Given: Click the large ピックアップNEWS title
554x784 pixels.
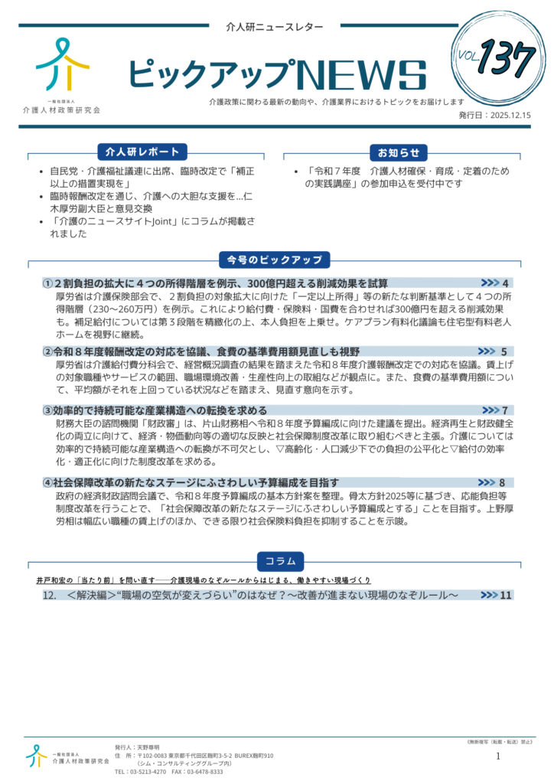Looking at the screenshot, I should (x=276, y=75).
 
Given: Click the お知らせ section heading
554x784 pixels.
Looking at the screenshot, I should (x=398, y=152).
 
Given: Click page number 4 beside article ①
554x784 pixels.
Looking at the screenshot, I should (x=506, y=283).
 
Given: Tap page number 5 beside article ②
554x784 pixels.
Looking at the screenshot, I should (x=504, y=351).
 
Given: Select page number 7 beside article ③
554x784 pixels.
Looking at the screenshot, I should (x=505, y=410).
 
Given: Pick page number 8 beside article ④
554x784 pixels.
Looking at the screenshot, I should (x=502, y=482).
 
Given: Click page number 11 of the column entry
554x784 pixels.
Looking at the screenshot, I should (x=505, y=595).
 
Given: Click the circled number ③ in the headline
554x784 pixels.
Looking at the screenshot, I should (x=47, y=410).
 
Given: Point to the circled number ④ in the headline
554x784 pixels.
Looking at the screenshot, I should (x=47, y=482).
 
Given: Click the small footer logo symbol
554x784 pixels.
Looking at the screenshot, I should (x=36, y=756).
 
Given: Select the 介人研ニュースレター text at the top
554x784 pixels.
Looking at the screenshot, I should (x=275, y=27).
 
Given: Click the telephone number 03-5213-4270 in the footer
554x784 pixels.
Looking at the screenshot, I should (x=148, y=772).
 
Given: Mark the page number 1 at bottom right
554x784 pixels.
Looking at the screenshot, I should (x=498, y=756).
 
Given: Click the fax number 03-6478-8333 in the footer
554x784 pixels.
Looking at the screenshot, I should (x=205, y=772).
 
